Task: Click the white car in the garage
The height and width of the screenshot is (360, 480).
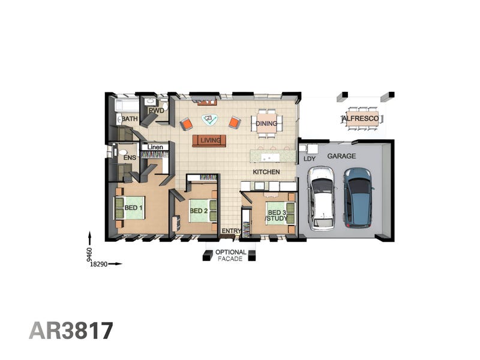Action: coord(322,198)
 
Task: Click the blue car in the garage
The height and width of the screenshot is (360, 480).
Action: coord(358,198)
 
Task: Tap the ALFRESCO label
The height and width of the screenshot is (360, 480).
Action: coord(361,118)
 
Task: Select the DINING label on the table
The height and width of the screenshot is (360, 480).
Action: coord(266,124)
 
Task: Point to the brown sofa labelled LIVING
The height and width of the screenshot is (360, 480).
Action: coord(209,141)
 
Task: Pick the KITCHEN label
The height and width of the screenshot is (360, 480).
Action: coord(266,172)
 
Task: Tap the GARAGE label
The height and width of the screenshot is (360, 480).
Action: coord(341,156)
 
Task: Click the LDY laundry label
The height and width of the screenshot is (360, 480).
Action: coord(310,159)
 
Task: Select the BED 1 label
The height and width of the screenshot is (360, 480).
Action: coord(133,208)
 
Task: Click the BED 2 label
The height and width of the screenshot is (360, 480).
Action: coord(199,211)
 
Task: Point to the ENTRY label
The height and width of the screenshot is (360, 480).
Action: coord(231,231)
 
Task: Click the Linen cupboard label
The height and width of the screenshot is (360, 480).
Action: coord(155,147)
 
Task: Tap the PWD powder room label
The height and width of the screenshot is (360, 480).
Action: coord(156,110)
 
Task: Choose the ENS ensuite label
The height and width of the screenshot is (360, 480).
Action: coord(130,158)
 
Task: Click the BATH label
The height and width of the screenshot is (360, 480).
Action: coord(130,118)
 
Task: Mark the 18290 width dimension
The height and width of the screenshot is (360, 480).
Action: coord(98,264)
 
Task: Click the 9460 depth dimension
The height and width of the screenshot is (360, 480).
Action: coord(89,254)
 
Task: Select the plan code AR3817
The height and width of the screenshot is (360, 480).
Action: coord(71,331)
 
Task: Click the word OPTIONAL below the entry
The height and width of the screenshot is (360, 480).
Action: coord(231,252)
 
